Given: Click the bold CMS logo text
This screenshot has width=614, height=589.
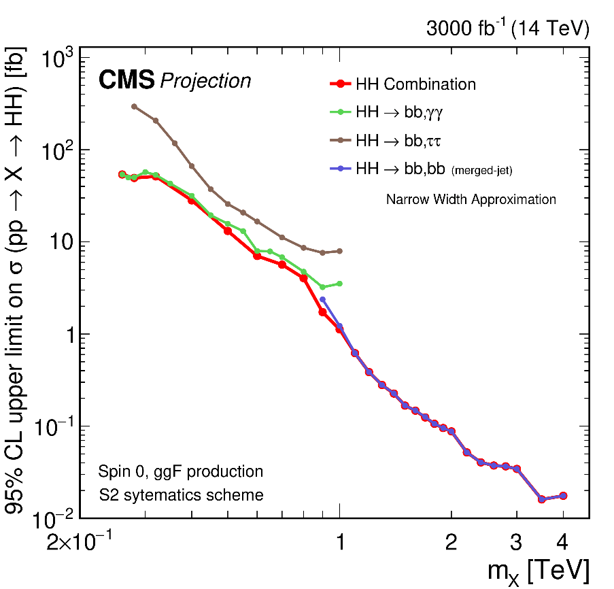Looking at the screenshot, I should click(126, 81).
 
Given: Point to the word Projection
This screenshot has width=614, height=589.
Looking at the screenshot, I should click(205, 82).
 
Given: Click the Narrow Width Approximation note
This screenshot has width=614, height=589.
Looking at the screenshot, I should click(471, 200).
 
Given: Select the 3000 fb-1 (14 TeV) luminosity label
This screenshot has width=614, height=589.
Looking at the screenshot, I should click(507, 29).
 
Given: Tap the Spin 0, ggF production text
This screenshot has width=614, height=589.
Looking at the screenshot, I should click(180, 471).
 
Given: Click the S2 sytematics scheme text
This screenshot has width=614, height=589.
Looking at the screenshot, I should click(180, 495).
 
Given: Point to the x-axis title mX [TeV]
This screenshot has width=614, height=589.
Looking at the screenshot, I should click(538, 571).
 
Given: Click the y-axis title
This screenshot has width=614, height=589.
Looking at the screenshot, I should click(15, 282).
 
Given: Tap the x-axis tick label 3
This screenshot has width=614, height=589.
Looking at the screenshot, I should click(517, 542).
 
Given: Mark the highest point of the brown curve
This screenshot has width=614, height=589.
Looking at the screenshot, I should click(134, 106).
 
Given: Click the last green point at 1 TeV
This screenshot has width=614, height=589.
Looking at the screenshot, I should click(340, 284).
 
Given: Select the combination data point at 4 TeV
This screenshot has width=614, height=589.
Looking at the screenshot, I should click(563, 496).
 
